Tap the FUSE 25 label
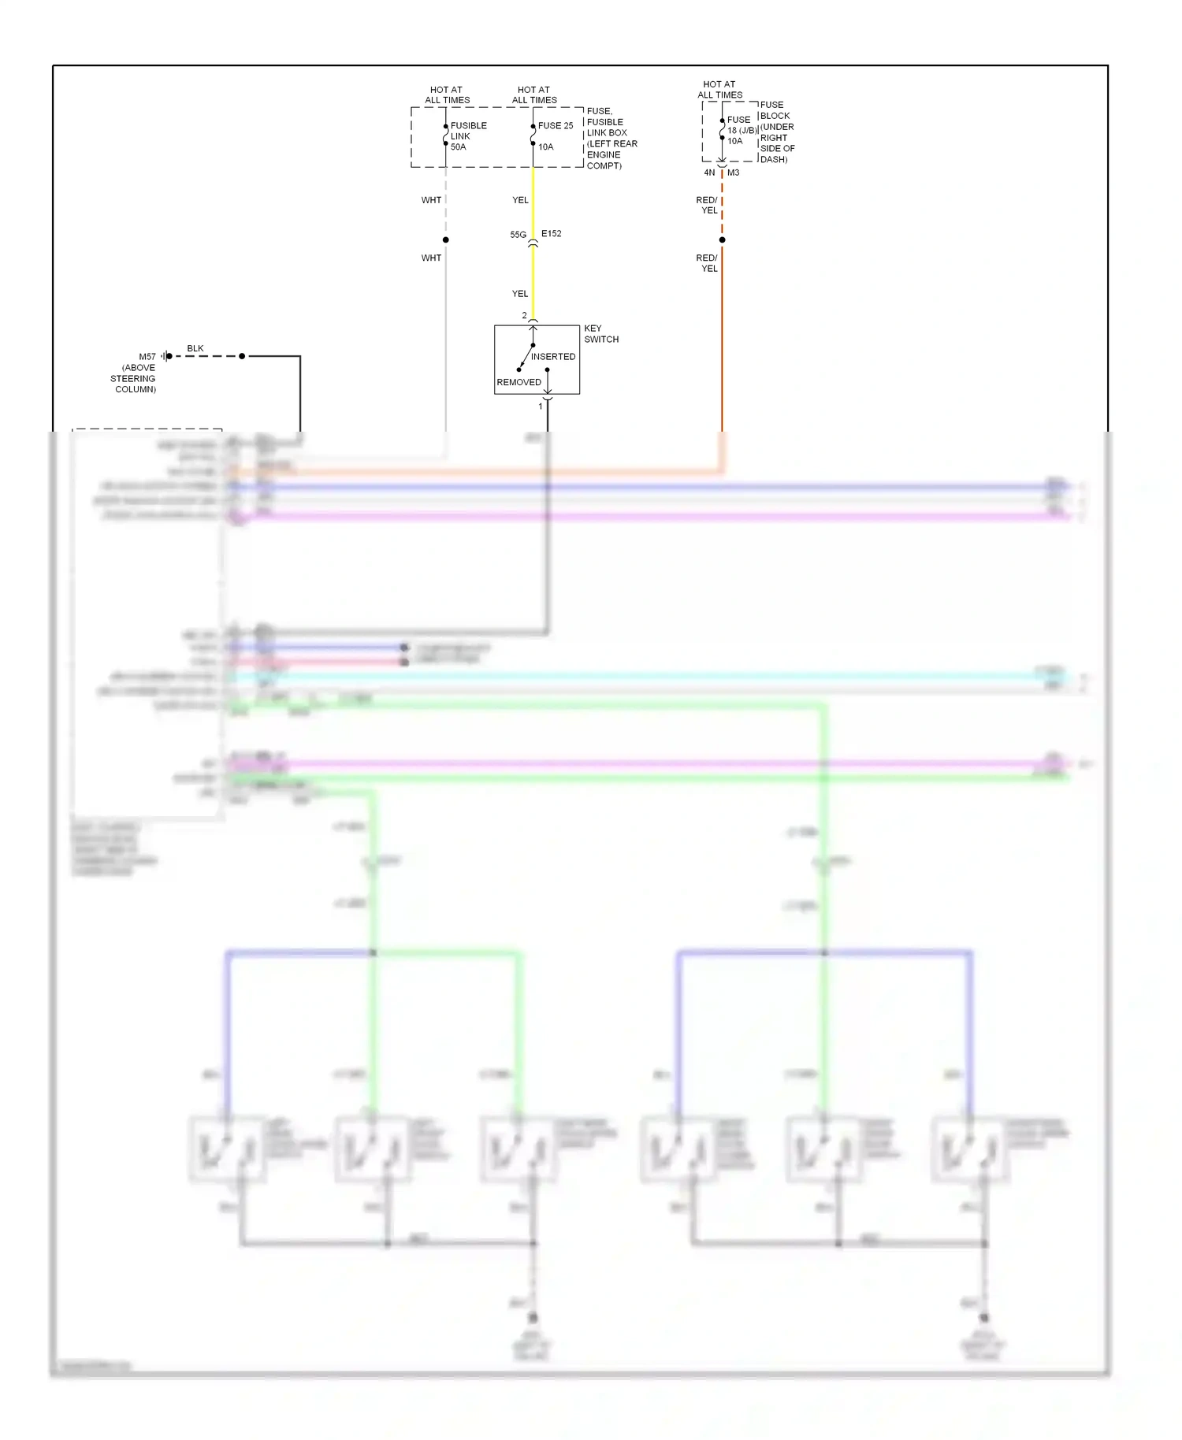click(555, 126)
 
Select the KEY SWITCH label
click(600, 334)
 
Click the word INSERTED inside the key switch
click(552, 357)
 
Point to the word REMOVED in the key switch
click(519, 382)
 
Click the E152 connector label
click(551, 234)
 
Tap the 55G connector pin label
click(518, 235)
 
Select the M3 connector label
click(733, 173)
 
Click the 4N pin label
click(709, 173)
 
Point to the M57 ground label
click(147, 357)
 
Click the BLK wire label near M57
click(195, 348)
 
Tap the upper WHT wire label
click(431, 200)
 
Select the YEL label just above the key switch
click(520, 294)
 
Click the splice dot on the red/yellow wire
click(722, 239)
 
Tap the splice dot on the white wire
click(446, 239)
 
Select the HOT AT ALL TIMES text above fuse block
click(719, 89)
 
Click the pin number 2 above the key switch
click(524, 316)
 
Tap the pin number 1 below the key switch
click(541, 406)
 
